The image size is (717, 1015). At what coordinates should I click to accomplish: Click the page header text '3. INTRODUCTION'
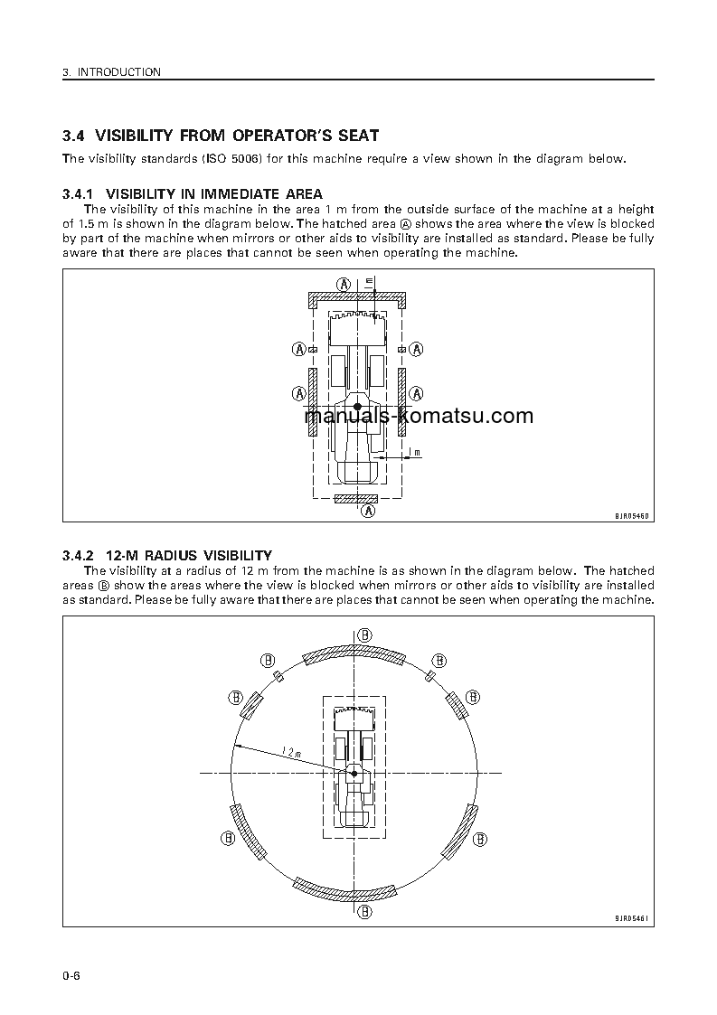point(112,72)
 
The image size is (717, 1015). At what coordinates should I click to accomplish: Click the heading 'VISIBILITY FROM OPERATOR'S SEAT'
point(237,136)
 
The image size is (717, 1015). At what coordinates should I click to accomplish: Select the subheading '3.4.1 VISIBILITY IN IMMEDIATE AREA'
point(192,194)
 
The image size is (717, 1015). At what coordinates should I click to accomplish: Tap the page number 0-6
point(71,977)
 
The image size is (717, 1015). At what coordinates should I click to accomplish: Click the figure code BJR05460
point(632,515)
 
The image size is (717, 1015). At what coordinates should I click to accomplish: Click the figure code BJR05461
point(632,918)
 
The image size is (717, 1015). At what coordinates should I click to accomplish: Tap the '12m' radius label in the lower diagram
point(291,751)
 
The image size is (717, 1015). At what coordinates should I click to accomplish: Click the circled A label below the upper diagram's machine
point(368,512)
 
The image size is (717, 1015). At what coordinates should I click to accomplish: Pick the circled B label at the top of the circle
point(363,634)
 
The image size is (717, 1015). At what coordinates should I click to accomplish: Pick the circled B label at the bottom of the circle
point(363,912)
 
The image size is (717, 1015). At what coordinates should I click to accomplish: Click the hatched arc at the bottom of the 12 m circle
point(348,891)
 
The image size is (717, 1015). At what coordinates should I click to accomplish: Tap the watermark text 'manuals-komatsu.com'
point(419,416)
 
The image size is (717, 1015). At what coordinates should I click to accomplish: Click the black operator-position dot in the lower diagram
point(354,774)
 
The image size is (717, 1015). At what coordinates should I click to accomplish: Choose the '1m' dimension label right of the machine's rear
point(413,451)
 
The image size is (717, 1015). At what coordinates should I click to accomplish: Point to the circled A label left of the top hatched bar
point(344,283)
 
